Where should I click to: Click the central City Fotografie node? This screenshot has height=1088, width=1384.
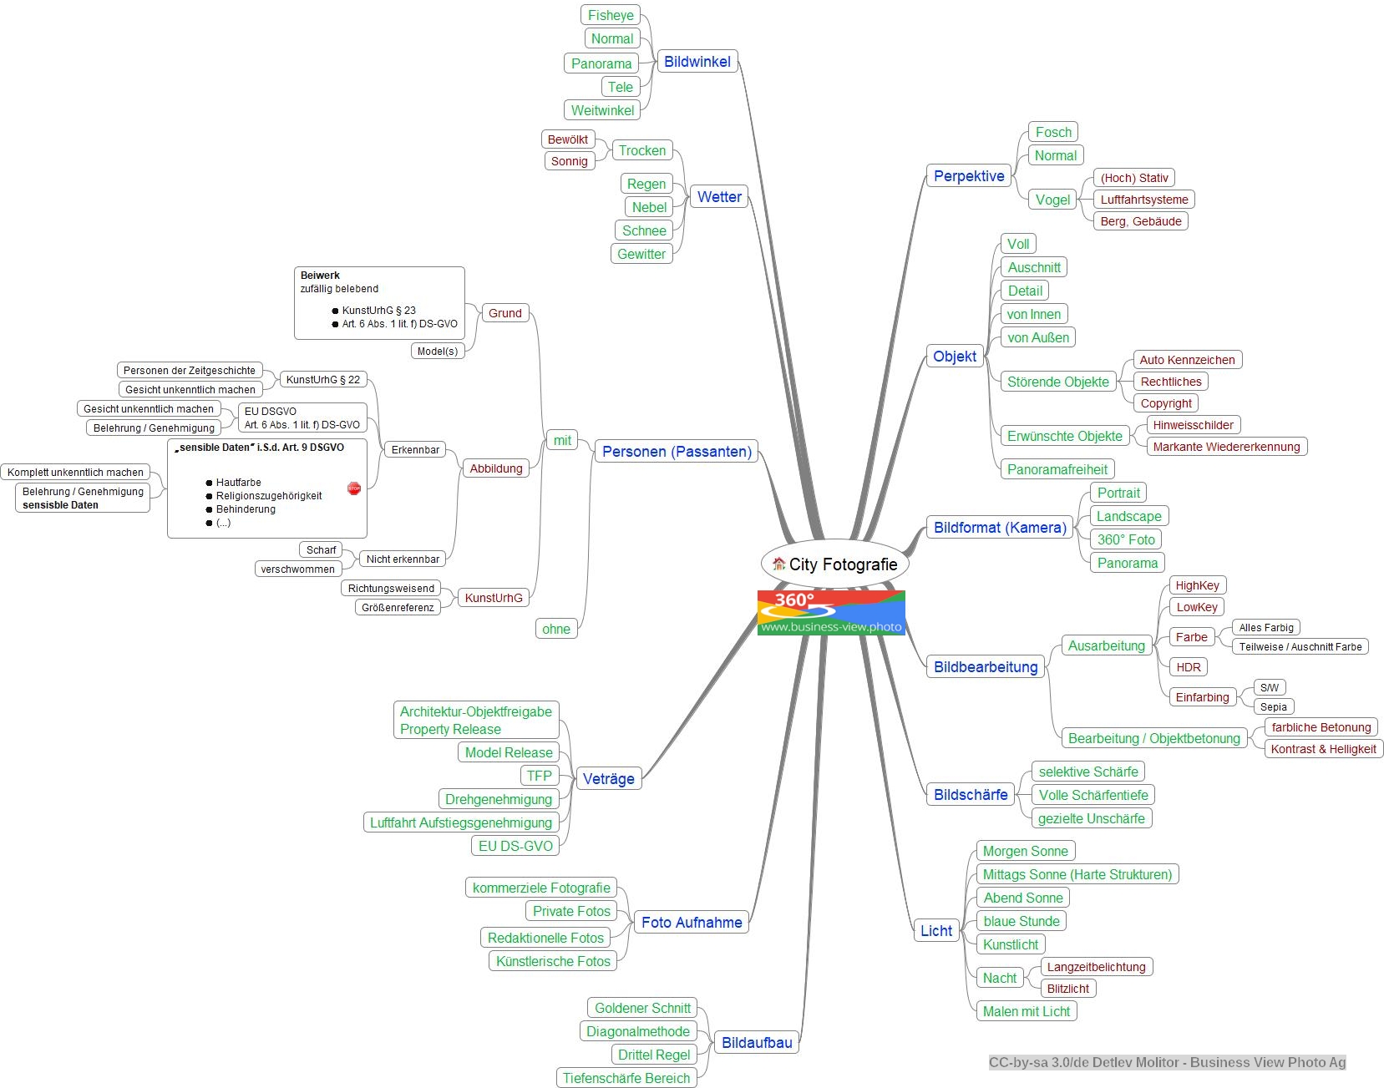tap(834, 564)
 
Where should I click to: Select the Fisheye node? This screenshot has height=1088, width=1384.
tap(611, 15)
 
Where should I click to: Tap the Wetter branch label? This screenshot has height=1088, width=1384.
tap(719, 197)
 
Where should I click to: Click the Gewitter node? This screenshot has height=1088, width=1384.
tap(641, 254)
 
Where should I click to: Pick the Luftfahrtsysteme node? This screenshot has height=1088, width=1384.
tap(1143, 200)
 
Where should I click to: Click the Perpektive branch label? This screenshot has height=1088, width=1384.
tap(969, 176)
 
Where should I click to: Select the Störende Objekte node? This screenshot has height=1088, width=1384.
tap(1057, 382)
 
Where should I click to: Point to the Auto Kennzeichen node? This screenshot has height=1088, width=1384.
tap(1187, 360)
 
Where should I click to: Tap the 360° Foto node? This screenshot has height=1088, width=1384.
tap(1126, 539)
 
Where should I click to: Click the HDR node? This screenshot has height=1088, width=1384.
tap(1188, 667)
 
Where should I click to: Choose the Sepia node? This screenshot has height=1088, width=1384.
tap(1273, 706)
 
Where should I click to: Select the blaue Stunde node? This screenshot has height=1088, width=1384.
tap(1021, 921)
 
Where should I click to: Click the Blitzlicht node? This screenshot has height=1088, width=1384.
tap(1067, 989)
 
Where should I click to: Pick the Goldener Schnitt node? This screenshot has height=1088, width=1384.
tap(642, 1008)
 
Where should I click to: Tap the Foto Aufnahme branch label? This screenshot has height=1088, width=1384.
tap(692, 923)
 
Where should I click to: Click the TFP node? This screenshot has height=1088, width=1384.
tap(539, 776)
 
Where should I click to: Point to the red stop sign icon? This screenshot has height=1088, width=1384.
tap(354, 488)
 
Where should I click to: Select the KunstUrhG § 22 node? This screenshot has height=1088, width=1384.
tap(322, 380)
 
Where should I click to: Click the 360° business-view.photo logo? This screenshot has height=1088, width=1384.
tap(831, 613)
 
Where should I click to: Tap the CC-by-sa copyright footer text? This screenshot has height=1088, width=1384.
tap(1167, 1062)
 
